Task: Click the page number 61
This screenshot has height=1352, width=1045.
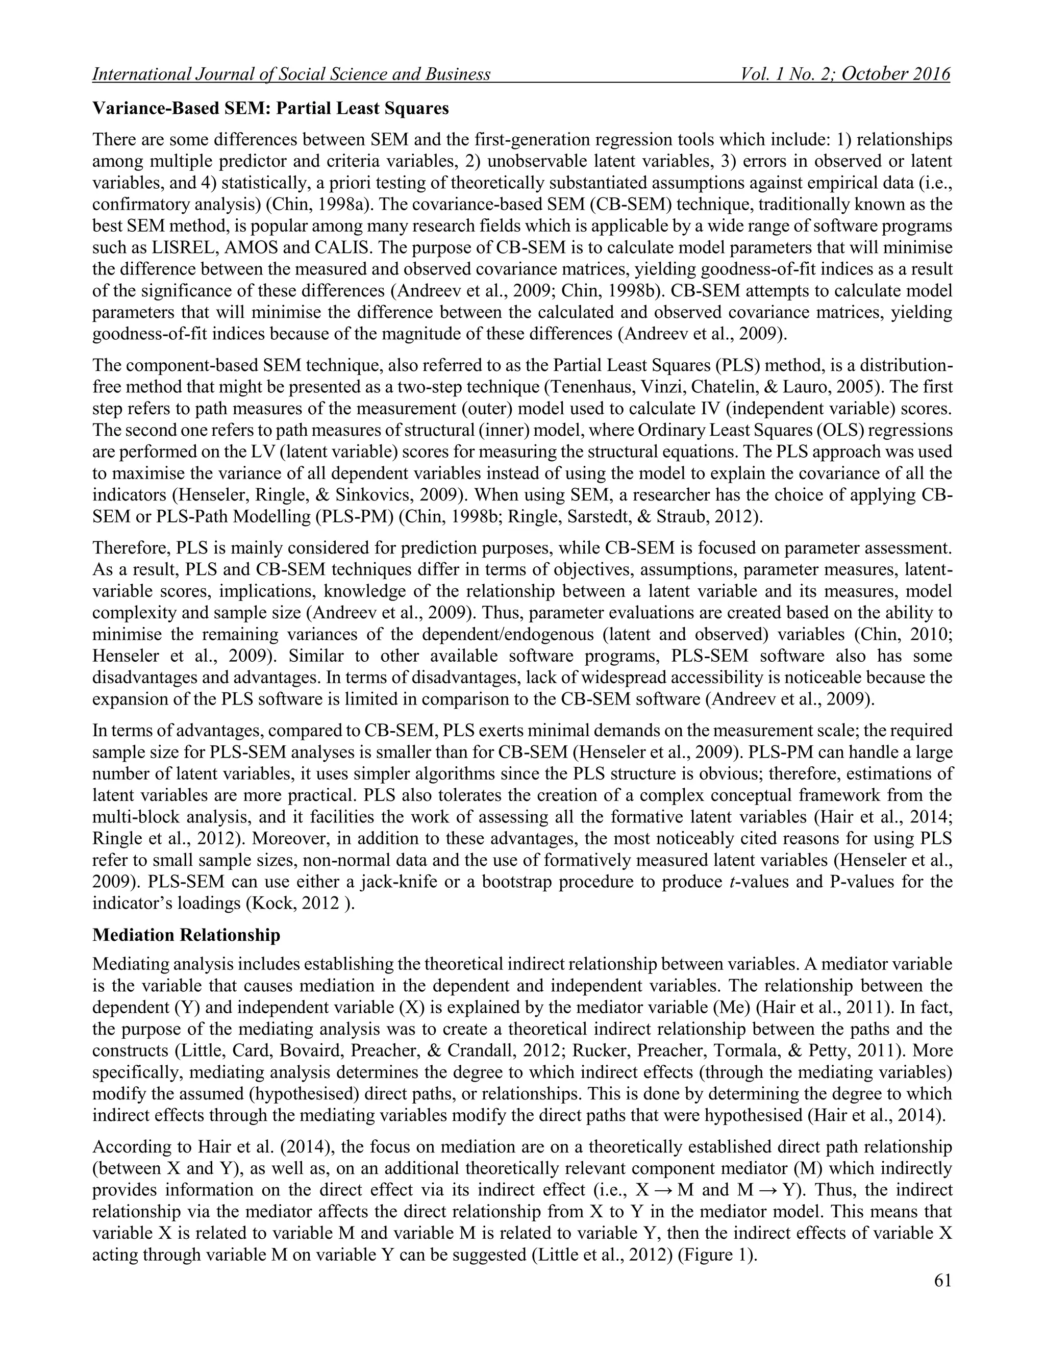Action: (941, 1281)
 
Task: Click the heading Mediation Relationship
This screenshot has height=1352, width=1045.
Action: (186, 935)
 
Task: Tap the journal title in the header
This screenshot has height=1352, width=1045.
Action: (291, 75)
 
